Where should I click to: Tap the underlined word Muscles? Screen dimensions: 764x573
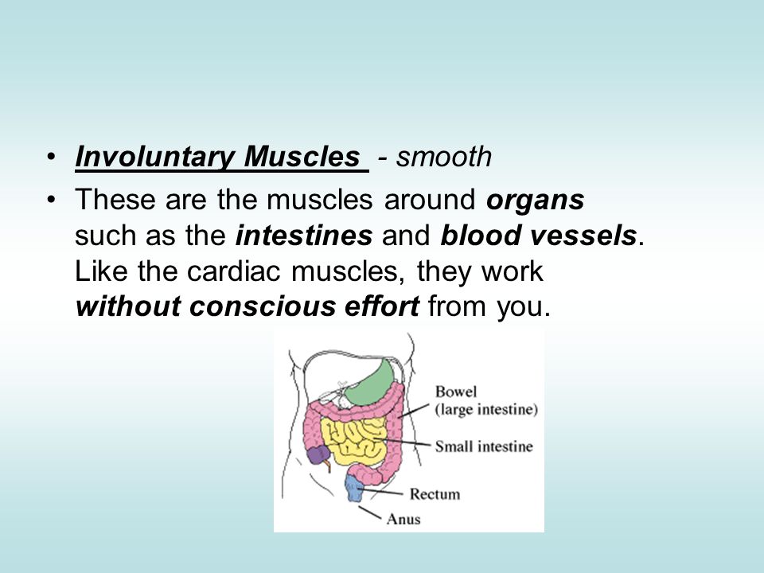click(302, 157)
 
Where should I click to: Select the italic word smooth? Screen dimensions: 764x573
click(444, 157)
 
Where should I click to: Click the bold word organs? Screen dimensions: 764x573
click(535, 201)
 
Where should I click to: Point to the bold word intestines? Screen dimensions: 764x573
click(304, 236)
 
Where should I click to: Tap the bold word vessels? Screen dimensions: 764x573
click(583, 236)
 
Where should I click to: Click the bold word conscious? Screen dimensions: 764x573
click(262, 307)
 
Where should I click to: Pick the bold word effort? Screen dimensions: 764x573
click(381, 306)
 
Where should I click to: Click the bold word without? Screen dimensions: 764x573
click(127, 306)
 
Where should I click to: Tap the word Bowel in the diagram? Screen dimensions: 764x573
click(456, 392)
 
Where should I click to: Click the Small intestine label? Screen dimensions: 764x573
click(484, 446)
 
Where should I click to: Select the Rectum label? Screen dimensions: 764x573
click(435, 494)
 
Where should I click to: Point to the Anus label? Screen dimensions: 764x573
click(403, 519)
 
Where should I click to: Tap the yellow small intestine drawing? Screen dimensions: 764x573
click(352, 441)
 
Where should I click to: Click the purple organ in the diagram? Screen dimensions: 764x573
click(318, 455)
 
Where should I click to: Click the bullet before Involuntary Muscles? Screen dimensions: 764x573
click(51, 158)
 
